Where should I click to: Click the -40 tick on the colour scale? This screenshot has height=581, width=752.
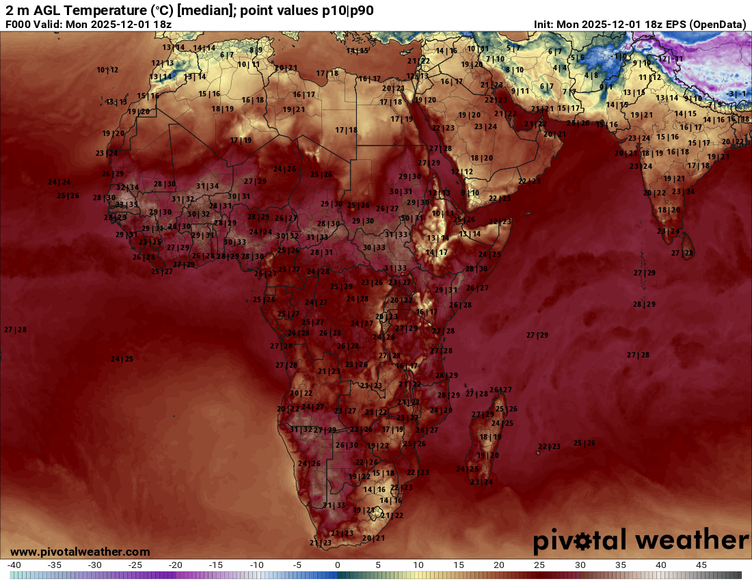[14, 565]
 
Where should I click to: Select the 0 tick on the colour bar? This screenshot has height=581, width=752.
[337, 565]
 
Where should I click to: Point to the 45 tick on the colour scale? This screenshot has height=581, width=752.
[701, 565]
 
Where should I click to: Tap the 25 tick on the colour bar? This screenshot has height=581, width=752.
[539, 565]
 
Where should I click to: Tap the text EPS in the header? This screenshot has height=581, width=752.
[671, 25]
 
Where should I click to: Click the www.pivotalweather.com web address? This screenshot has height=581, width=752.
[80, 552]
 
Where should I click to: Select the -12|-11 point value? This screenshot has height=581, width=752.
[670, 59]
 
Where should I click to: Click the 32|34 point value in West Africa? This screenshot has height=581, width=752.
[127, 187]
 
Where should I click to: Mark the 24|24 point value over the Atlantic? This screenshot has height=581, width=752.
[59, 182]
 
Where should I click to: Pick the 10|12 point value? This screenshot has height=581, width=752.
[107, 70]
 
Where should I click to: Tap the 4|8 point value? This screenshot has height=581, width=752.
[591, 75]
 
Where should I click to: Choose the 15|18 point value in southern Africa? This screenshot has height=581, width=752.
[383, 473]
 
